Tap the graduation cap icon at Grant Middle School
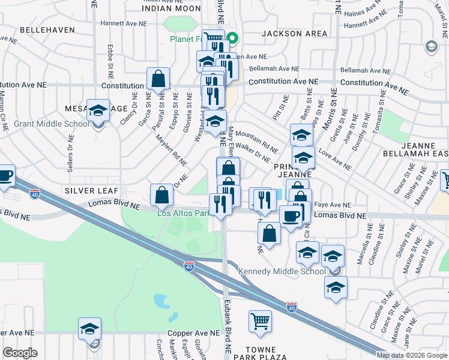coord(98,110)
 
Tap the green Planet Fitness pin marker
coord(234,39)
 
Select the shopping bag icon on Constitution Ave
coord(158,79)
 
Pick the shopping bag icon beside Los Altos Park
coord(161,194)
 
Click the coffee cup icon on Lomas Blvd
coord(291,217)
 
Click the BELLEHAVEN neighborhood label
coord(47,29)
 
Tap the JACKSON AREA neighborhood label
coord(294,34)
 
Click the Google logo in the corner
coord(20,353)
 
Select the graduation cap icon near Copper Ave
coord(89,329)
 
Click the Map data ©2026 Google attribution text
coord(412,355)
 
